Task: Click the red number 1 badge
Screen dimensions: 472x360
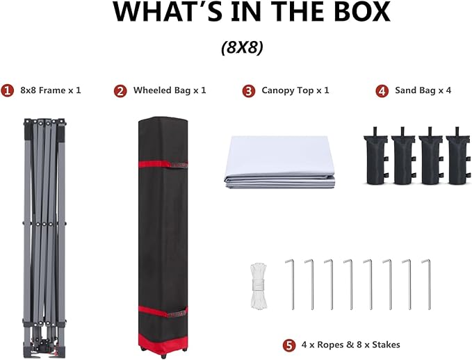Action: pos(7,90)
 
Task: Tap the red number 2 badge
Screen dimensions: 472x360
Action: pos(120,91)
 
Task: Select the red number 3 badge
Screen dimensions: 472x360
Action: pos(249,91)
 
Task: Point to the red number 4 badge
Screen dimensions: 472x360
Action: pos(382,91)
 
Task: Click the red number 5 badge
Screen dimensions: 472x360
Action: pos(289,345)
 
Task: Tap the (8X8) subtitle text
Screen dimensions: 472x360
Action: pos(242,47)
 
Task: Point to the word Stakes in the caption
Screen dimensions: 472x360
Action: pos(386,345)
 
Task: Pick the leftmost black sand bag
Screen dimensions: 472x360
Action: pos(376,156)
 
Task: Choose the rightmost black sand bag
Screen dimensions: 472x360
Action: pos(458,156)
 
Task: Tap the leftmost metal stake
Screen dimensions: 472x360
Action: pos(292,284)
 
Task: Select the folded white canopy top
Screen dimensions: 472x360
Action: pos(279,162)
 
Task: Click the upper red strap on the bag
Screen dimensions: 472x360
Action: pos(163,165)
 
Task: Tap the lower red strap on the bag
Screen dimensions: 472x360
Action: pos(163,311)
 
